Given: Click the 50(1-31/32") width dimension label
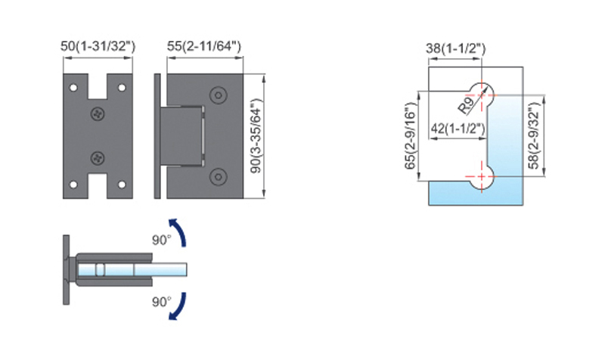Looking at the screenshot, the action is pyautogui.click(x=98, y=46).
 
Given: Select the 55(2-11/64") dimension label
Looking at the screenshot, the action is pyautogui.click(x=203, y=46).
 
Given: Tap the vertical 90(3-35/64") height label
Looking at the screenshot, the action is pyautogui.click(x=256, y=136).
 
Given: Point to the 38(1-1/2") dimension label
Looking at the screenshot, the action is pyautogui.click(x=456, y=48).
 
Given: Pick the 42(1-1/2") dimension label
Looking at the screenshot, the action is pyautogui.click(x=458, y=128).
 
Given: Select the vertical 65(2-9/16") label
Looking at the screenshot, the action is pyautogui.click(x=411, y=136).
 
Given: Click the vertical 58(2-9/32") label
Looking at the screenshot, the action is pyautogui.click(x=534, y=136).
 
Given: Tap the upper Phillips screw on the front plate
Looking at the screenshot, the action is pyautogui.click(x=98, y=113).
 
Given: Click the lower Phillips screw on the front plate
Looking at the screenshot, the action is pyautogui.click(x=98, y=158).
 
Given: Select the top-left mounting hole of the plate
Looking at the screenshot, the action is pyautogui.click(x=73, y=88).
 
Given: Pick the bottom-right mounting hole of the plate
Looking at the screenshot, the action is pyautogui.click(x=122, y=185).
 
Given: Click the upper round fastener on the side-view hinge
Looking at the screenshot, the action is pyautogui.click(x=218, y=95).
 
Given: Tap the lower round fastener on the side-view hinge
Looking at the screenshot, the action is pyautogui.click(x=218, y=177).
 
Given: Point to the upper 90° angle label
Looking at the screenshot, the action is pyautogui.click(x=161, y=240).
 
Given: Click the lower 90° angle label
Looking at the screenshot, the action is pyautogui.click(x=161, y=302).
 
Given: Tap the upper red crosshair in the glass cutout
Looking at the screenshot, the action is pyautogui.click(x=481, y=95).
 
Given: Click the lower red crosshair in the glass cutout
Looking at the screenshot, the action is pyautogui.click(x=481, y=177).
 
